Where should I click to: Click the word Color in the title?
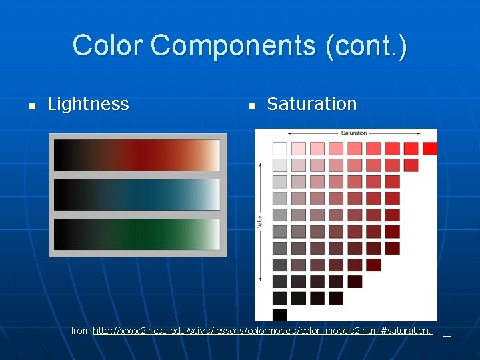(x=108, y=46)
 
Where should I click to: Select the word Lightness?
(x=88, y=104)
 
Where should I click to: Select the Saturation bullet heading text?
(x=311, y=104)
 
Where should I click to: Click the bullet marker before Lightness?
(x=31, y=105)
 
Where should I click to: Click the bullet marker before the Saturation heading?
(x=251, y=105)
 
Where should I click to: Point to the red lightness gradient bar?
(x=137, y=155)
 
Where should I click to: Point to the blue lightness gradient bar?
(x=137, y=195)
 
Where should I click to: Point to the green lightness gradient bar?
(x=137, y=235)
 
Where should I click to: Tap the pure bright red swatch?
(x=429, y=148)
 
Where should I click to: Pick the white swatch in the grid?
(x=279, y=148)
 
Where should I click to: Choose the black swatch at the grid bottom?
(x=279, y=314)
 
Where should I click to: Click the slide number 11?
(x=447, y=334)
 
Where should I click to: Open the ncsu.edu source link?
(x=263, y=331)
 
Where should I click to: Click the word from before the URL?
(x=81, y=331)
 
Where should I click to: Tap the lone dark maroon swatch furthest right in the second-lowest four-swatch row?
(x=355, y=281)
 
